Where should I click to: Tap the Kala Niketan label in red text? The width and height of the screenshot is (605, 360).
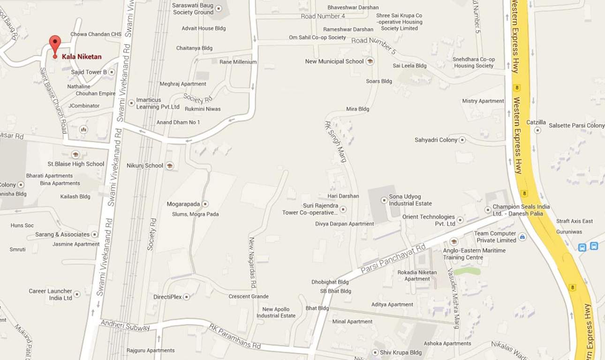coord(82,57)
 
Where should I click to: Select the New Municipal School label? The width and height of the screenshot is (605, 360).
coord(334,61)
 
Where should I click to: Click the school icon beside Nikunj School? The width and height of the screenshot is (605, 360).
coord(170,165)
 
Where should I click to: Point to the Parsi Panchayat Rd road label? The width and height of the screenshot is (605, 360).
coord(393,259)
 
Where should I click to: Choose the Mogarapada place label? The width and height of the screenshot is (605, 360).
coord(183,204)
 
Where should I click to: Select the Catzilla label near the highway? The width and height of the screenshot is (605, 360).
coord(536,122)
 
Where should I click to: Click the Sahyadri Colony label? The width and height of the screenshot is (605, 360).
coord(436,140)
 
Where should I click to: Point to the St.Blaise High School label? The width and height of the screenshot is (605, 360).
coord(76,164)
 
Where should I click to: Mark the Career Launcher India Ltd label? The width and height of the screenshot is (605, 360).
coord(50,294)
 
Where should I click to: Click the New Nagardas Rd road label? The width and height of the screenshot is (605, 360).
coord(252,262)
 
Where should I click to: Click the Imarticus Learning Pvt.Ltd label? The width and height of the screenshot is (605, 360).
coord(158,104)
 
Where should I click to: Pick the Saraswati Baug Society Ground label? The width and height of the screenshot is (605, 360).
coord(193,9)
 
